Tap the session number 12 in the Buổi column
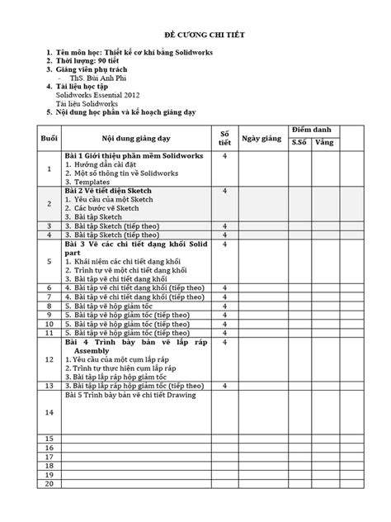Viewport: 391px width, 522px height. point(49,359)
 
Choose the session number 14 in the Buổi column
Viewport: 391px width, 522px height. point(49,411)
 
